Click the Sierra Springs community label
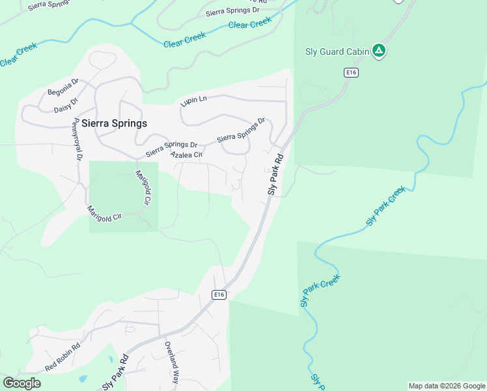click(114, 123)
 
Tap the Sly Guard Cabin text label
click(337, 51)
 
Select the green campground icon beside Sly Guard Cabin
click(379, 51)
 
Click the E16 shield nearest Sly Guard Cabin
click(352, 72)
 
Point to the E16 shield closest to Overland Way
click(219, 295)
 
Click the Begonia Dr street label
click(63, 87)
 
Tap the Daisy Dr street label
click(66, 104)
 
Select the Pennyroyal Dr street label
click(78, 139)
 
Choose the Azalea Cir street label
click(187, 154)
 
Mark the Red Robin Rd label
click(62, 359)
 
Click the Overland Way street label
click(171, 362)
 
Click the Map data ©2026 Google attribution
click(447, 386)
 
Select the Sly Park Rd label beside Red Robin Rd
click(115, 373)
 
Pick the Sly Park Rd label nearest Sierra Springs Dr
click(276, 174)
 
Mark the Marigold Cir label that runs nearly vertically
click(143, 187)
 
